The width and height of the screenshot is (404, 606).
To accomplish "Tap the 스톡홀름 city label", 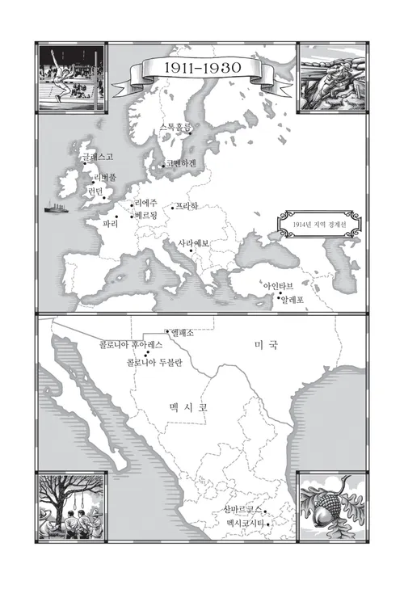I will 176,127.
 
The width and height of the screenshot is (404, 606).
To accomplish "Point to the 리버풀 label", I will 106,177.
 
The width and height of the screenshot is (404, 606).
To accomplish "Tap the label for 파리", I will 111,222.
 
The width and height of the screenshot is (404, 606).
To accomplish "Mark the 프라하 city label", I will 187,206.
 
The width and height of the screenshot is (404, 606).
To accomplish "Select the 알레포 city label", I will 292,299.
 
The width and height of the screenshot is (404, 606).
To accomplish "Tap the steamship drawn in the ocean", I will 57,208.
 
